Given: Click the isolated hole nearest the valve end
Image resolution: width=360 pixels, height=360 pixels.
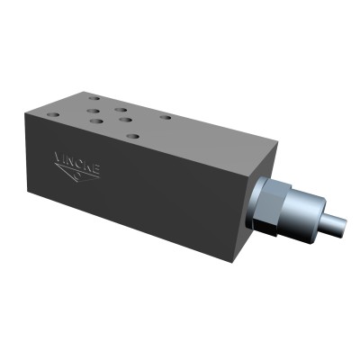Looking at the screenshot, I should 165,116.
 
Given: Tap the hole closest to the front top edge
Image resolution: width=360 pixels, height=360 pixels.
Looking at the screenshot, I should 132,137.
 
